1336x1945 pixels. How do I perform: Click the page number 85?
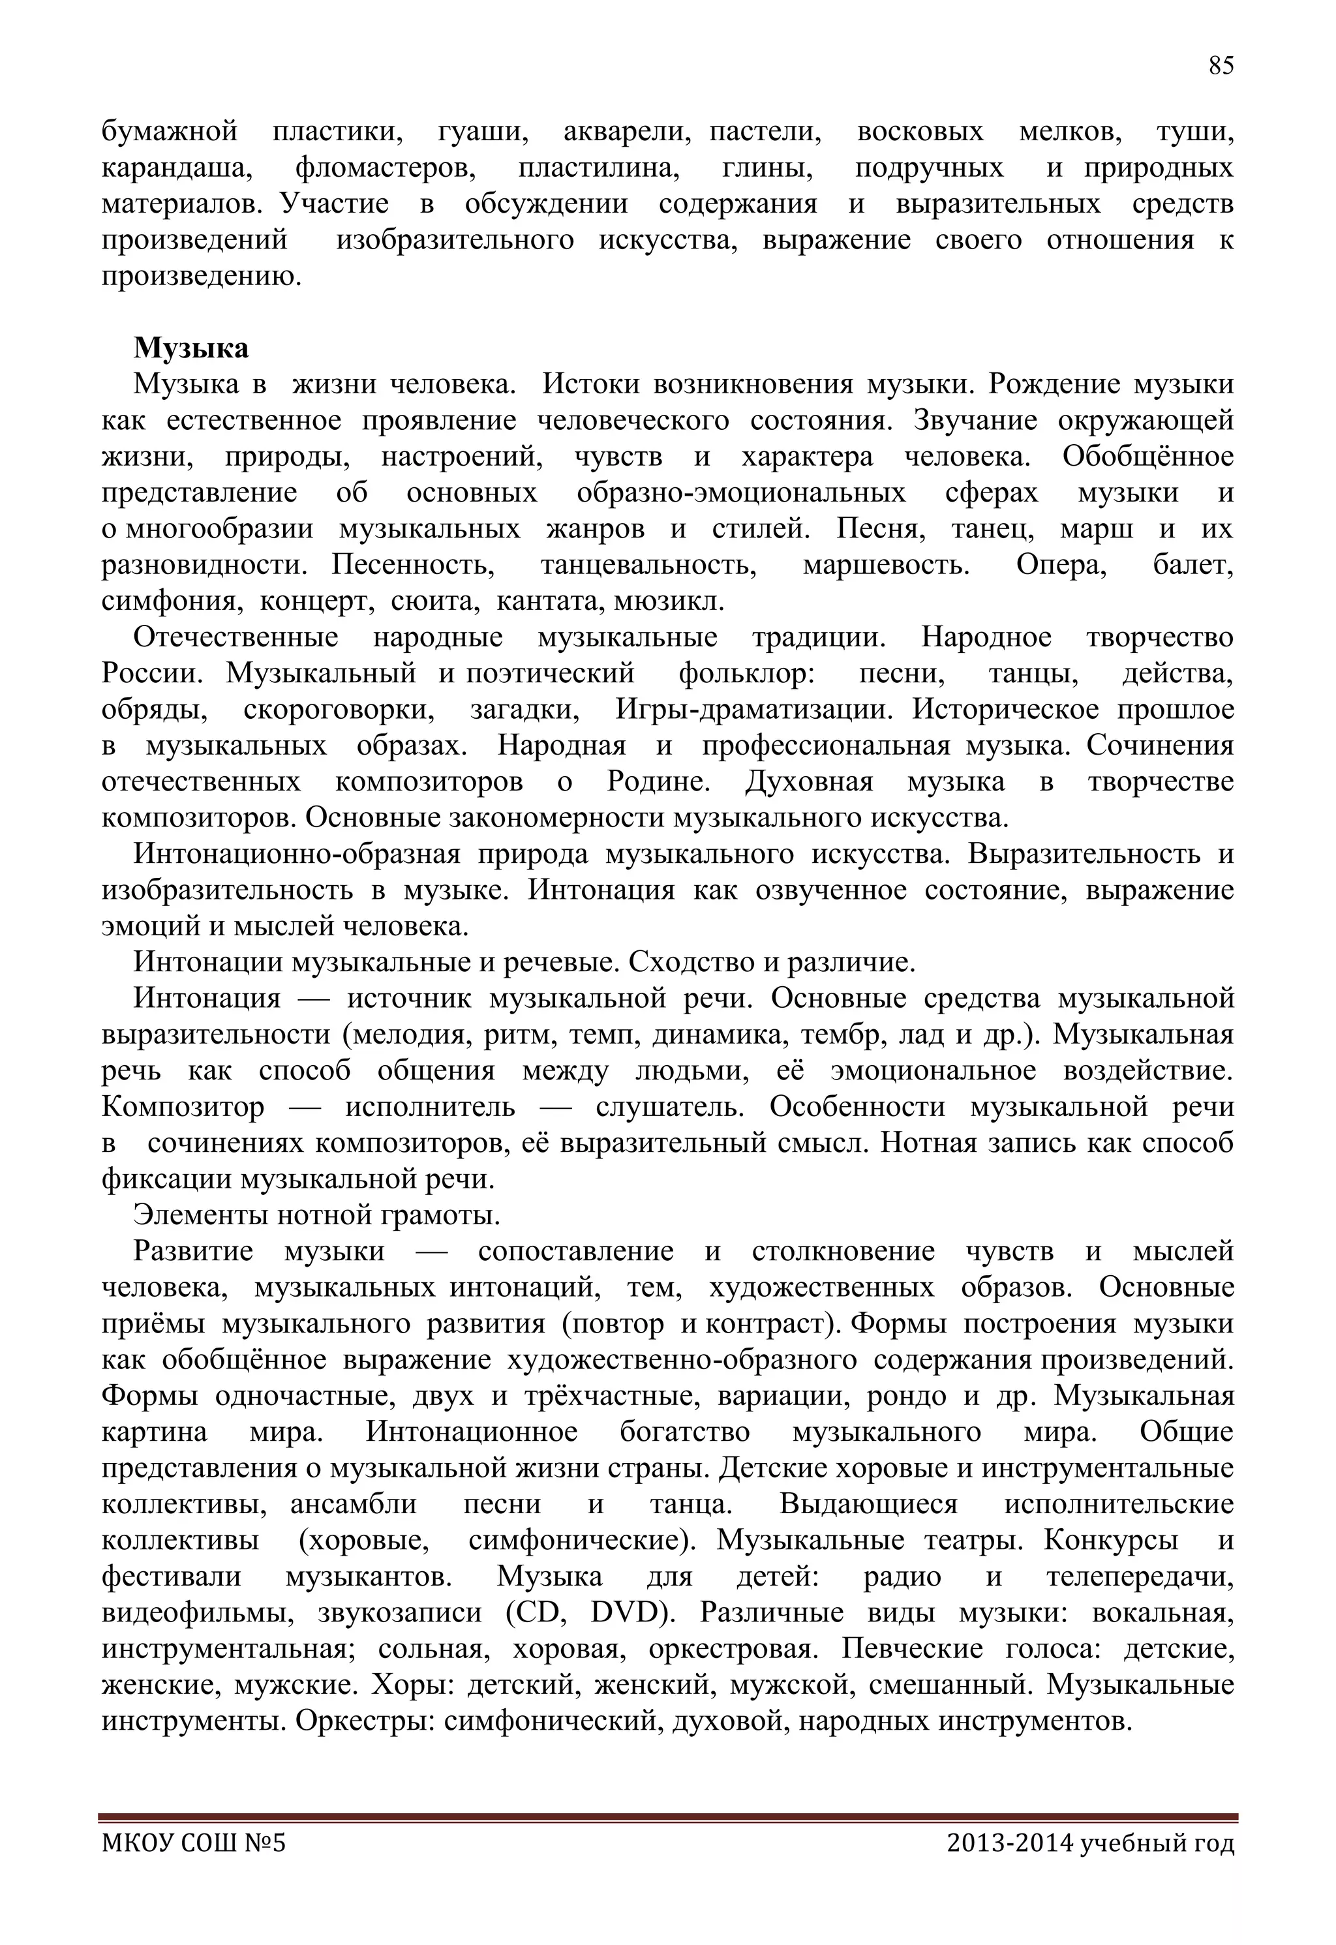tap(1221, 66)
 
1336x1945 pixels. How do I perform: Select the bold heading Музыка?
tap(191, 347)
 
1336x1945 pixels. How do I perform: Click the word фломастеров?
tap(386, 168)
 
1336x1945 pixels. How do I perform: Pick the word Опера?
tap(1061, 565)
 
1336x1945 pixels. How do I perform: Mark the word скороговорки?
tap(339, 709)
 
